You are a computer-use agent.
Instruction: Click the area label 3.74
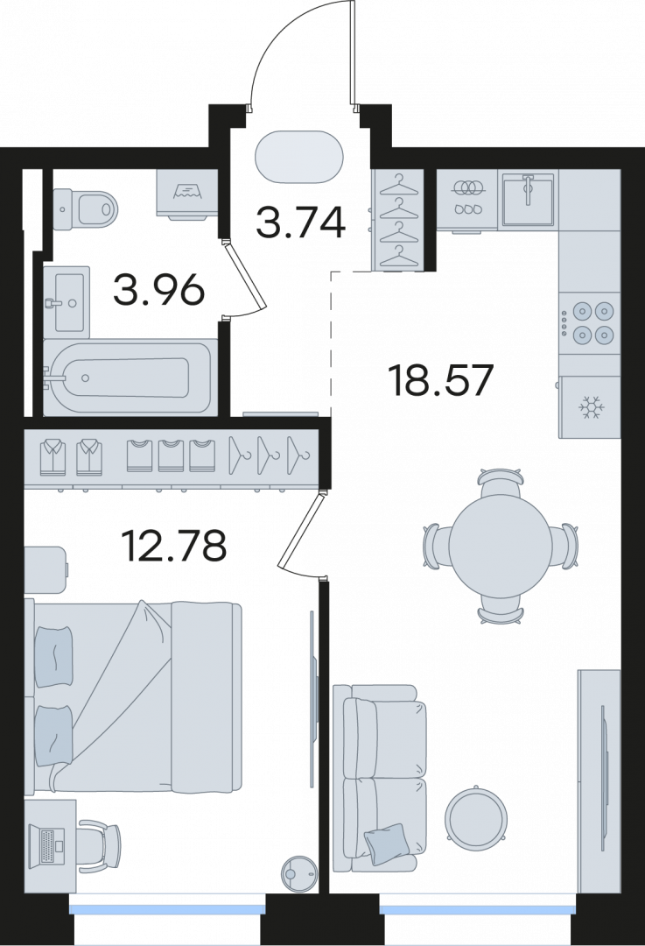pyautogui.click(x=300, y=222)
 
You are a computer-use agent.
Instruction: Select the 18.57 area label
pyautogui.click(x=443, y=379)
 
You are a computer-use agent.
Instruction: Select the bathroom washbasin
pyautogui.click(x=67, y=301)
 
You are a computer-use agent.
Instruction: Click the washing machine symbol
pyautogui.click(x=187, y=193)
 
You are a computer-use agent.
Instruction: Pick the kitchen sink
pyautogui.click(x=527, y=199)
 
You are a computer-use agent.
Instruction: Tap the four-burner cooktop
pyautogui.click(x=588, y=322)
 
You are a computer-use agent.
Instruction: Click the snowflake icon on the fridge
pyautogui.click(x=592, y=408)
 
